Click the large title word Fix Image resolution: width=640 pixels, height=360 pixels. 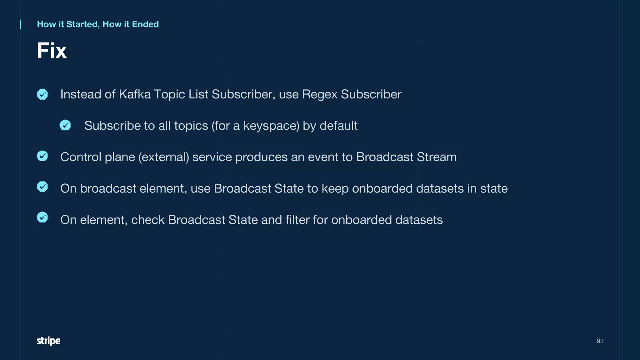coord(52,51)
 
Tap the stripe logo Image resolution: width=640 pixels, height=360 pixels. coord(48,341)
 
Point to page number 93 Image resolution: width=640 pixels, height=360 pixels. coord(600,341)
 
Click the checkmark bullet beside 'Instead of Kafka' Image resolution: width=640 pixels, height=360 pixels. coord(42,94)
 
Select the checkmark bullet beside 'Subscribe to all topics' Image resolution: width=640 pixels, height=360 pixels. coord(65,125)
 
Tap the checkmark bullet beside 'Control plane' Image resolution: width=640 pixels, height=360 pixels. coord(42,156)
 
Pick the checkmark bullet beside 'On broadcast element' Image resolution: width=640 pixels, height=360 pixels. coord(42,187)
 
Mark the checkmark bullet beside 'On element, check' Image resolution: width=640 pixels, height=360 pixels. coord(42,217)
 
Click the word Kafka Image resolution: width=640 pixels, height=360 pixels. coord(135,94)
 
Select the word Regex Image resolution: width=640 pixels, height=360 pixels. coord(319,95)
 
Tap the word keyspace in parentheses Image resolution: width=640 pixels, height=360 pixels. coord(270,126)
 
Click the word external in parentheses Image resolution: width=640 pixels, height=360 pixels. coord(164,157)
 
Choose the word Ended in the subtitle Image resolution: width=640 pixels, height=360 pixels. coord(145,24)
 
